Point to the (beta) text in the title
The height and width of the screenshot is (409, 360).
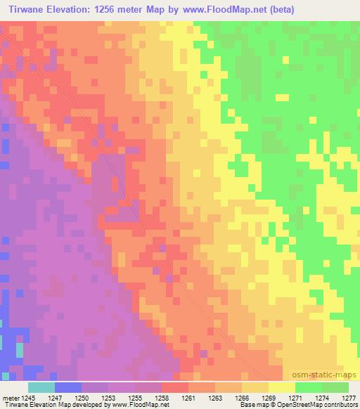[276, 9]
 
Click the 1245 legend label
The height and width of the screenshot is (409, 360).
[28, 398]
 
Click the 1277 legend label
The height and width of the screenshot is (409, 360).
[349, 398]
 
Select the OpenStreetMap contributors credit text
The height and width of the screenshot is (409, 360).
[319, 405]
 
